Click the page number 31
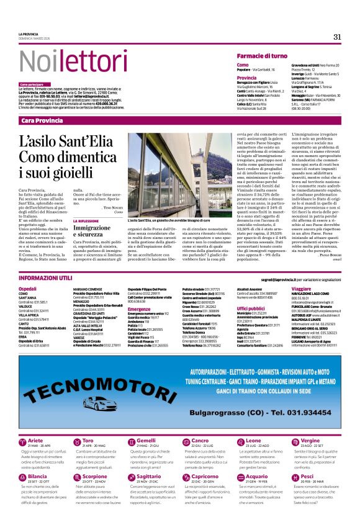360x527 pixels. tap(337, 37)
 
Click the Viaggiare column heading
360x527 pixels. tap(301, 289)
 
